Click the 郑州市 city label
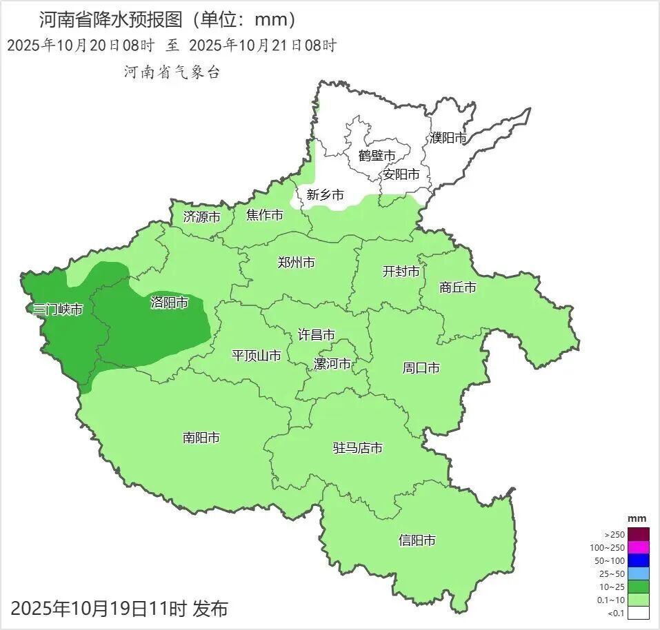point(297,263)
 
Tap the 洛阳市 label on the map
point(169,303)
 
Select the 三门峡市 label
point(58,309)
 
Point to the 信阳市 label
point(417,540)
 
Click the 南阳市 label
point(201,438)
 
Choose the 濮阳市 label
point(448,138)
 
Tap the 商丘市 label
point(458,287)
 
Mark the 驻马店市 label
point(358,448)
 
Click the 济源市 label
point(202,216)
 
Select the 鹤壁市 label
point(377,156)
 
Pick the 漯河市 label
point(332,364)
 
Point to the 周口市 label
point(421,368)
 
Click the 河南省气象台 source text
point(172,72)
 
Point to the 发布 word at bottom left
point(210,609)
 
